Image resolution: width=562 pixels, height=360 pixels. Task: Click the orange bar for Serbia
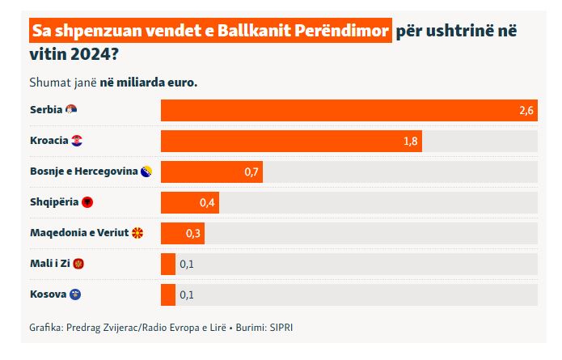[349, 110]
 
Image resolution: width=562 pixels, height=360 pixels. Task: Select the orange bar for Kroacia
[291, 141]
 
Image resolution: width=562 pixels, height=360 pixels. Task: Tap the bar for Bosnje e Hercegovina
[212, 172]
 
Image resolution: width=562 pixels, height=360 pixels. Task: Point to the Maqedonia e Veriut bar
[183, 233]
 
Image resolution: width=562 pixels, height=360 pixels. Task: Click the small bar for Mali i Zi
[168, 264]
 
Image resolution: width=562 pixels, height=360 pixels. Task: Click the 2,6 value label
[526, 111]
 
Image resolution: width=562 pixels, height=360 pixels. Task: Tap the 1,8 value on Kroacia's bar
[410, 142]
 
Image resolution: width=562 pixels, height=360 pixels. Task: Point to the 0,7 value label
[251, 172]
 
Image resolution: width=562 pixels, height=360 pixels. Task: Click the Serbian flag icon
[71, 109]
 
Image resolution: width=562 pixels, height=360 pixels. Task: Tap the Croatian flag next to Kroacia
[77, 140]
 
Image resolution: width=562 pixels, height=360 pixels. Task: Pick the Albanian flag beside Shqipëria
[87, 201]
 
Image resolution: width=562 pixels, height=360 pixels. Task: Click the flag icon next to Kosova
[75, 294]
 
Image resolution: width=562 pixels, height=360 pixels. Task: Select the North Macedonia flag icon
[137, 232]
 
